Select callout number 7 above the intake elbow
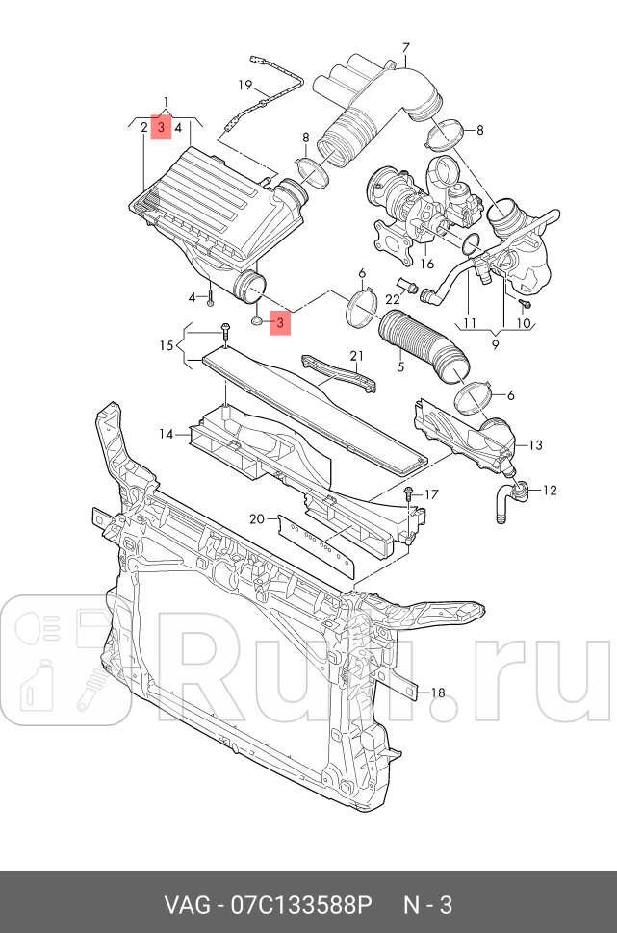[x=405, y=48]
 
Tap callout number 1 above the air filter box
[x=166, y=102]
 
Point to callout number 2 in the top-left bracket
[x=144, y=127]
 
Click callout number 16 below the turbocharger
[x=426, y=263]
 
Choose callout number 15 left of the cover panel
[x=166, y=345]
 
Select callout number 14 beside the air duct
[x=167, y=434]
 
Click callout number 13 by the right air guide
[x=535, y=444]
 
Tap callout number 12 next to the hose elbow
[x=549, y=491]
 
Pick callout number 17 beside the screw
[x=430, y=494]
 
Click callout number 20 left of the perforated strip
[x=256, y=518]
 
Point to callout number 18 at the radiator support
[x=437, y=692]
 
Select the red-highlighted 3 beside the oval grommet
[x=280, y=323]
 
